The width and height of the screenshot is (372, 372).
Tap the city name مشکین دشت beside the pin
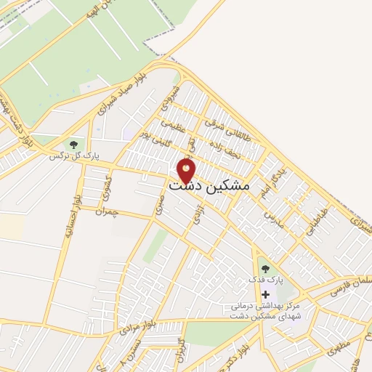pos(209,186)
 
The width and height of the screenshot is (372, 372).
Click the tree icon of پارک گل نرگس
pos(72,144)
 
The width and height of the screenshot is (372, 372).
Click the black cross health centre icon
pos(265,294)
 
